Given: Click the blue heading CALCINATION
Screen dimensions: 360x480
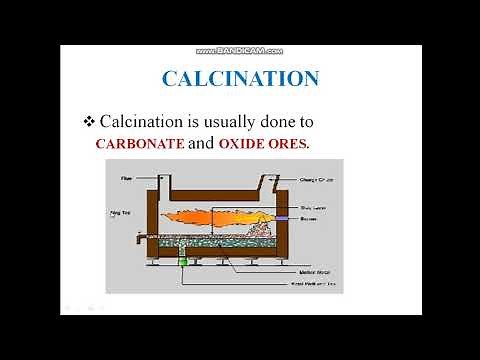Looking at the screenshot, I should tap(240, 78).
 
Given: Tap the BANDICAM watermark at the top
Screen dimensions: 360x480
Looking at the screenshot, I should tap(241, 48).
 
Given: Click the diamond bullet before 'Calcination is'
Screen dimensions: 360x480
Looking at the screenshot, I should tap(89, 121).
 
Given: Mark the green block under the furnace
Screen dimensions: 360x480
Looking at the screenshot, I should tap(183, 262).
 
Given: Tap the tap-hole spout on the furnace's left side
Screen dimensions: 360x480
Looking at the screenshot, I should tap(134, 237).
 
